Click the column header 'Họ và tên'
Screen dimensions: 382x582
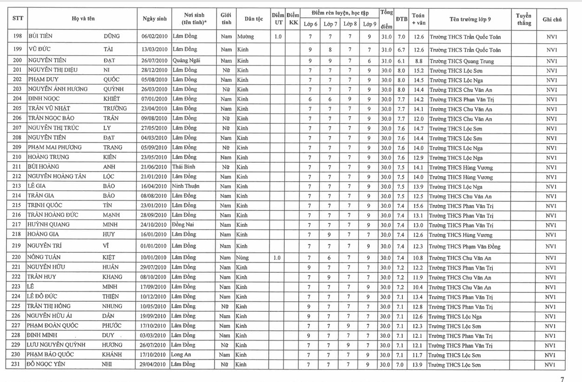point(83,19)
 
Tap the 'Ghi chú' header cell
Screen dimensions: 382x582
point(552,20)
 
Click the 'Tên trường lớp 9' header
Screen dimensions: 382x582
point(470,19)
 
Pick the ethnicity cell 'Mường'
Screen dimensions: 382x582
point(246,36)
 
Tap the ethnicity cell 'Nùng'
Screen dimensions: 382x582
point(243,257)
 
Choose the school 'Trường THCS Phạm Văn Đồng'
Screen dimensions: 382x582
point(464,246)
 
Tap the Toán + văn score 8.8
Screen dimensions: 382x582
point(418,61)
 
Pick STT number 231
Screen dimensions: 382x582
point(16,364)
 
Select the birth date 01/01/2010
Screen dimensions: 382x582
point(154,246)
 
